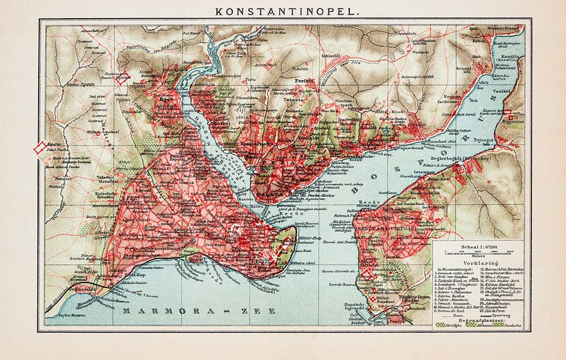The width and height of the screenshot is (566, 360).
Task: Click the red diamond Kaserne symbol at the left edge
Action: click(40, 147)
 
